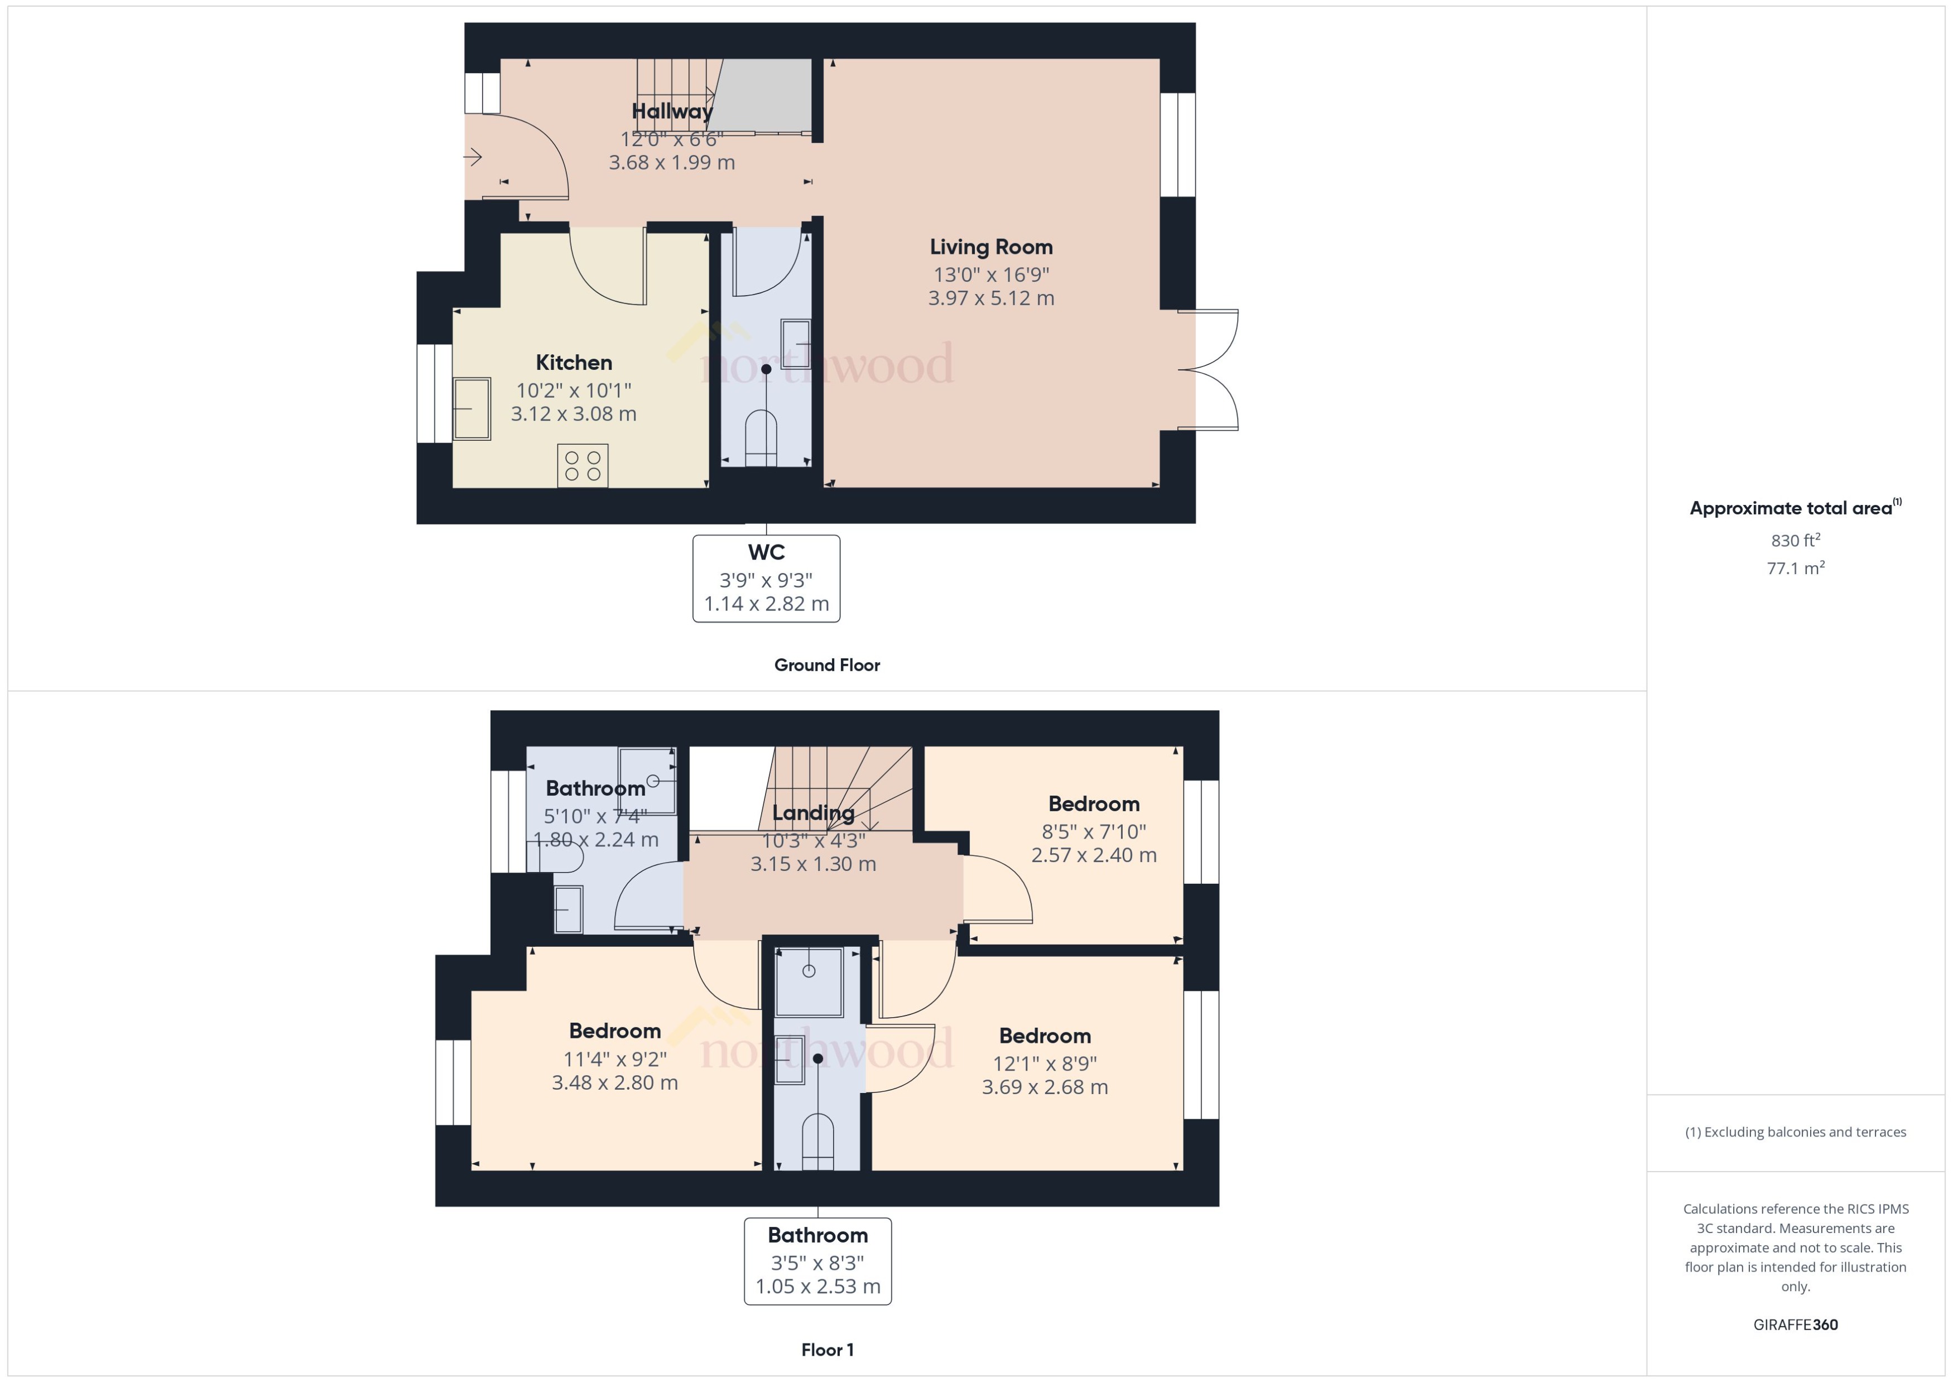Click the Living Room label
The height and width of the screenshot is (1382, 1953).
pyautogui.click(x=990, y=247)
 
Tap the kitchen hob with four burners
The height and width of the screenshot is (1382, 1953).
pyautogui.click(x=583, y=465)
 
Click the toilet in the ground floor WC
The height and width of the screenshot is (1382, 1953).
pyautogui.click(x=761, y=439)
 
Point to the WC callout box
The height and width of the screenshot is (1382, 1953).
pyautogui.click(x=766, y=579)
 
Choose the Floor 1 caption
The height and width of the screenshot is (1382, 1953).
pyautogui.click(x=827, y=1350)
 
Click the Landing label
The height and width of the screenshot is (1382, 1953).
pyautogui.click(x=812, y=813)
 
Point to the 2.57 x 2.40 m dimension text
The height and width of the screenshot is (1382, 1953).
pyautogui.click(x=1094, y=855)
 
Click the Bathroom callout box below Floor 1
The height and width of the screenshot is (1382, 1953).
pyautogui.click(x=818, y=1260)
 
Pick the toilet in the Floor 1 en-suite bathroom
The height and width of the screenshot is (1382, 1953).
pyautogui.click(x=818, y=1142)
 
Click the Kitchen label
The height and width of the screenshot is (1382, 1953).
pyautogui.click(x=574, y=363)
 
